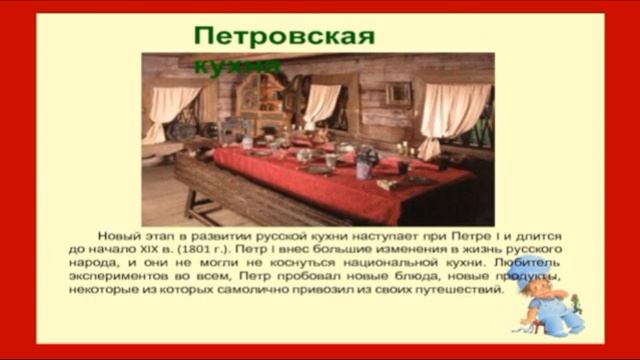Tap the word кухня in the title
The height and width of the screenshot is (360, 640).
[237, 65]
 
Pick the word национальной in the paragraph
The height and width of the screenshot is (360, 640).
[352, 261]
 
